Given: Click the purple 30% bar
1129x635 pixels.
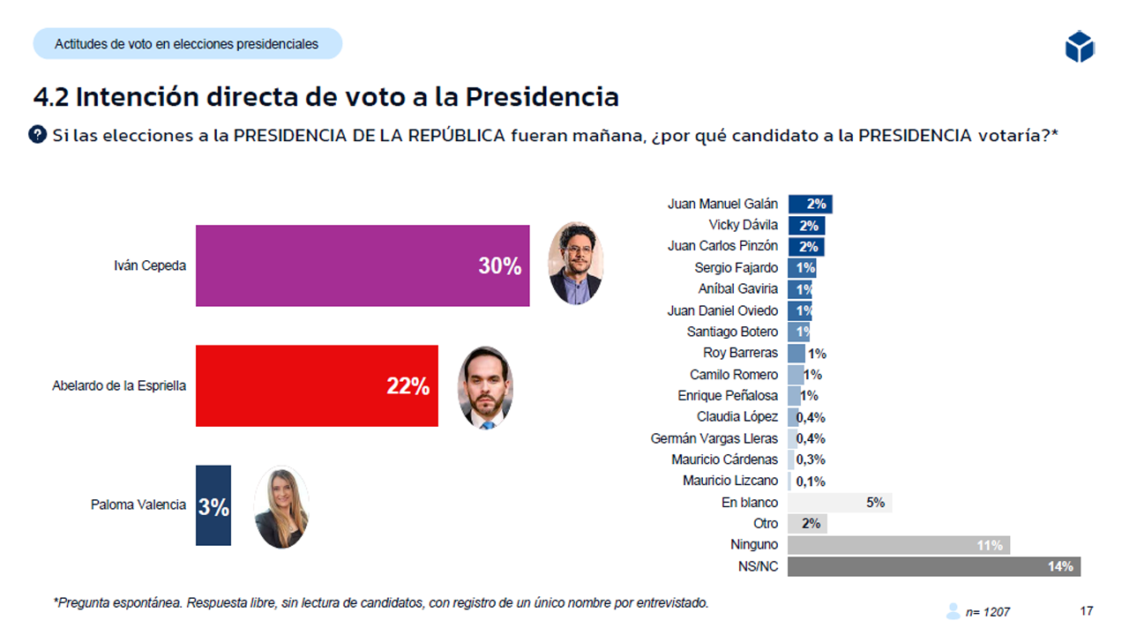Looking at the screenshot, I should coord(362,265).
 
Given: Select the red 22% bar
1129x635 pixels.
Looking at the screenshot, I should coord(316,385).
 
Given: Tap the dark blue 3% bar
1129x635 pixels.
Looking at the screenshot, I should coord(213,505).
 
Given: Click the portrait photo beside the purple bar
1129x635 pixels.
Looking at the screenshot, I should coord(575,263).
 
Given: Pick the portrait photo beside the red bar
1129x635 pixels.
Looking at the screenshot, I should coord(484,387).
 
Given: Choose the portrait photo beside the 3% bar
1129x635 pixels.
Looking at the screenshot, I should coord(280,507).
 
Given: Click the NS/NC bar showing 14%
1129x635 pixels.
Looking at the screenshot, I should coord(933,566).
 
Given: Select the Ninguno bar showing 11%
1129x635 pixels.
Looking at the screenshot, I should coord(898,545).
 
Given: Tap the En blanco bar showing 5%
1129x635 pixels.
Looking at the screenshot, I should coord(839,503).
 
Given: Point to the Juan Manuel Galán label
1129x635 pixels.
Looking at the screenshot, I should coord(722,204).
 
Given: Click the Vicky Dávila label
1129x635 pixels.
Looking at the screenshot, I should coord(743,225).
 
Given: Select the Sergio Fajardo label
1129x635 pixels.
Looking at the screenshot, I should coord(736,267).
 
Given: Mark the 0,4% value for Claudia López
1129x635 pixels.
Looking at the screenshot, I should coord(811,417).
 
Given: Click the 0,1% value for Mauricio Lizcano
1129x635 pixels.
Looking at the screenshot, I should coord(811,482).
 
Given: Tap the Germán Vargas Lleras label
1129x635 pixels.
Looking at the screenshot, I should coord(714,438).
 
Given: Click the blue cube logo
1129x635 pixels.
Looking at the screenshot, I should coord(1079,46).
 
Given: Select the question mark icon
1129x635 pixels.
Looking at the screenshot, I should coord(38,135).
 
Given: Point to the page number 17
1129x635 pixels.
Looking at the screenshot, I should coord(1087,610).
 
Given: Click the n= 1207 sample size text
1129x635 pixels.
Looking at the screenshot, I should coord(987,611).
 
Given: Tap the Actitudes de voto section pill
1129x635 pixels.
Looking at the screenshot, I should coord(187,43).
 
